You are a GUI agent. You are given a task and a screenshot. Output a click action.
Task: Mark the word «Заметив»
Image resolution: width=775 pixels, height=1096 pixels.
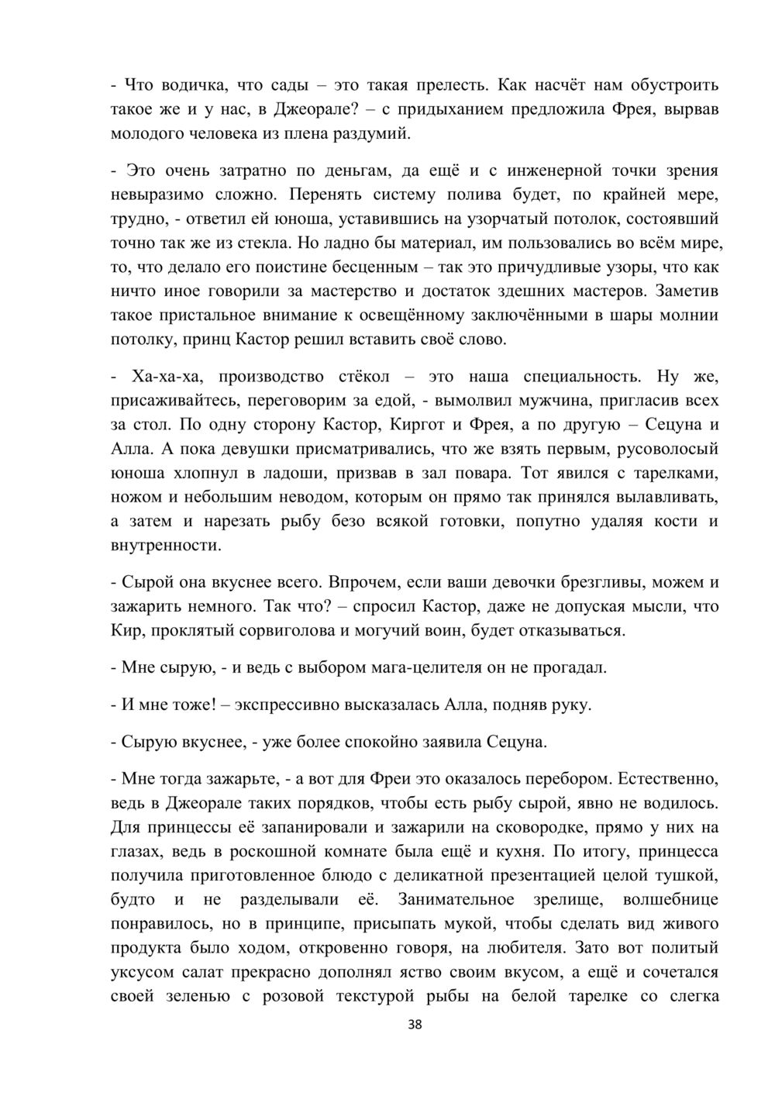click(x=687, y=291)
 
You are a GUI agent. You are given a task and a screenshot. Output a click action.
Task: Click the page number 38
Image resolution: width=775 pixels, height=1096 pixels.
click(x=415, y=1025)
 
